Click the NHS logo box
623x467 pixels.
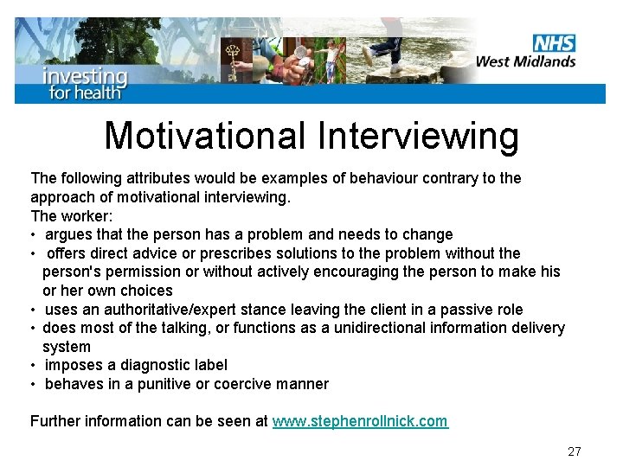pos(554,42)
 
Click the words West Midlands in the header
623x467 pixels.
pos(525,61)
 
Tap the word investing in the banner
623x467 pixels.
pos(85,75)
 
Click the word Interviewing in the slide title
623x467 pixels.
pos(418,136)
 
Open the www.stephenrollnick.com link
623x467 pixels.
pos(360,421)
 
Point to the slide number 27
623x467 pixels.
pos(575,451)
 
